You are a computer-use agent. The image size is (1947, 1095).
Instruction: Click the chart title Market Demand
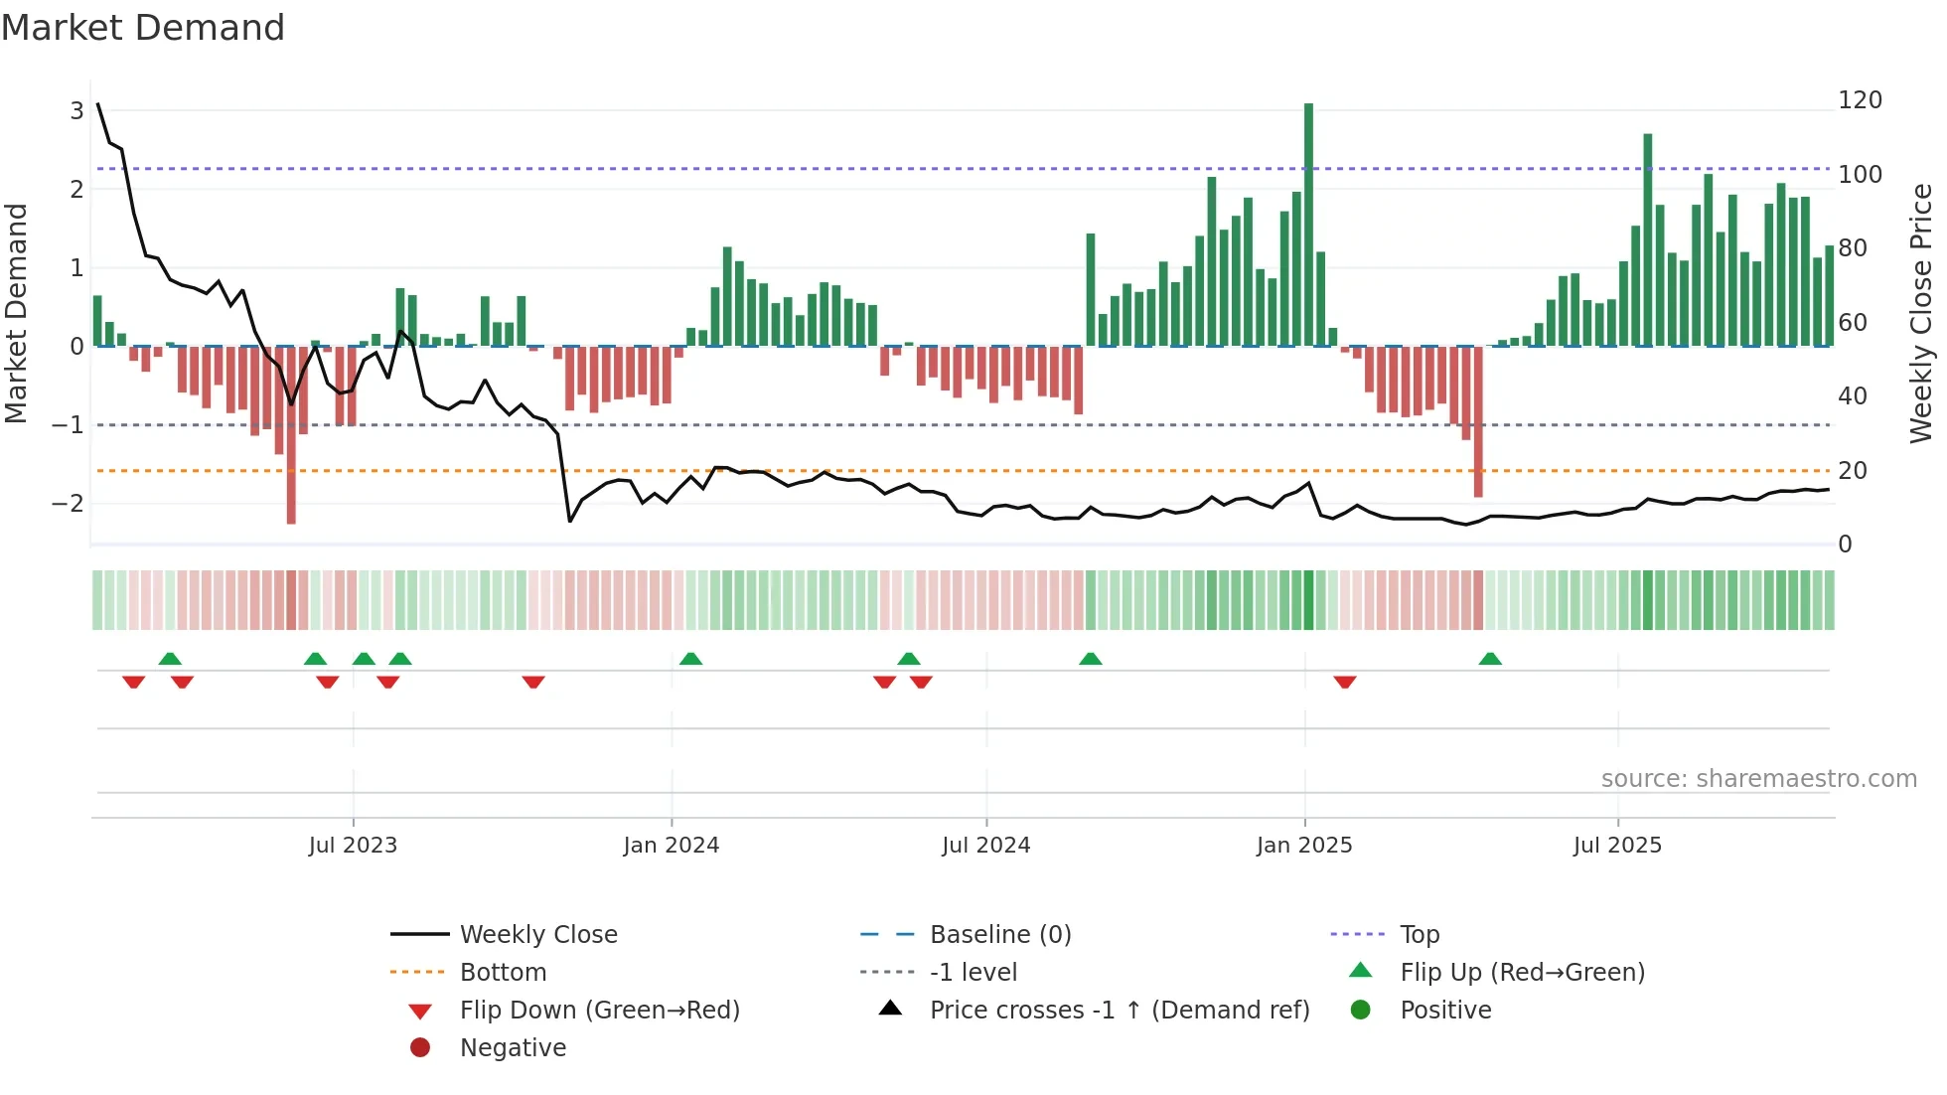point(143,28)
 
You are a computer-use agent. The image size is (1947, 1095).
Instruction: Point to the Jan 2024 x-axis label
point(671,846)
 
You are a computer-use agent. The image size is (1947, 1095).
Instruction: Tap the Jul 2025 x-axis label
point(1616,846)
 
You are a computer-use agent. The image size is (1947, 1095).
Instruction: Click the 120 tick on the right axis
point(1860,100)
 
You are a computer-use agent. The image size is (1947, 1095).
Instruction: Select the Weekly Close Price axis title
point(1921,313)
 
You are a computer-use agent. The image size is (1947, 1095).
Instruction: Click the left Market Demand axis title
point(16,313)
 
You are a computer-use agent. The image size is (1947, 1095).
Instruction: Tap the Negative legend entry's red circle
point(420,1048)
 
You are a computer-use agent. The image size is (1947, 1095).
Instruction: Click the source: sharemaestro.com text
point(1758,779)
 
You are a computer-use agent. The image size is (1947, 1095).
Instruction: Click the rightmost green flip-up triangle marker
point(1489,659)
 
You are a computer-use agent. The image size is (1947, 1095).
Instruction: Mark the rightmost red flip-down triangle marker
point(1345,682)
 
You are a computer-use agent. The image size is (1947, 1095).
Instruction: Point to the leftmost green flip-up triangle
point(170,659)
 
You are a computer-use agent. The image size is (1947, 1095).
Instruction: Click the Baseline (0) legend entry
point(999,935)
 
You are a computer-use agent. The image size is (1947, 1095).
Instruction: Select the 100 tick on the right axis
point(1860,175)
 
